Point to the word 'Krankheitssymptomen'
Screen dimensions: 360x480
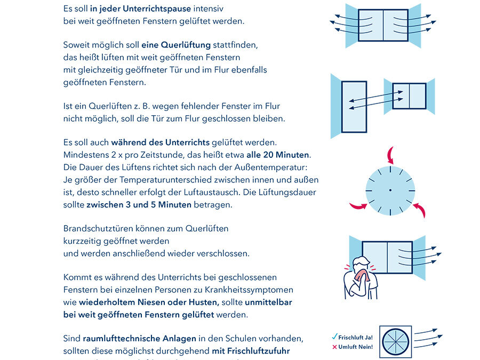tap(252, 290)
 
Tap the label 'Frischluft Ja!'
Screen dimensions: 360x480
tap(356, 338)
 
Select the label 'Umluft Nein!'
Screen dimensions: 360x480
tap(356, 347)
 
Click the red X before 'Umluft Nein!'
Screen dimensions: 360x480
tap(334, 347)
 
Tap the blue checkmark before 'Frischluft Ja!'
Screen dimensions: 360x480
tap(334, 337)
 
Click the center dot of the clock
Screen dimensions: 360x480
tap(390, 190)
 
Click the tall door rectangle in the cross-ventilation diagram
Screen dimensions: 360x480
tap(354, 107)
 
